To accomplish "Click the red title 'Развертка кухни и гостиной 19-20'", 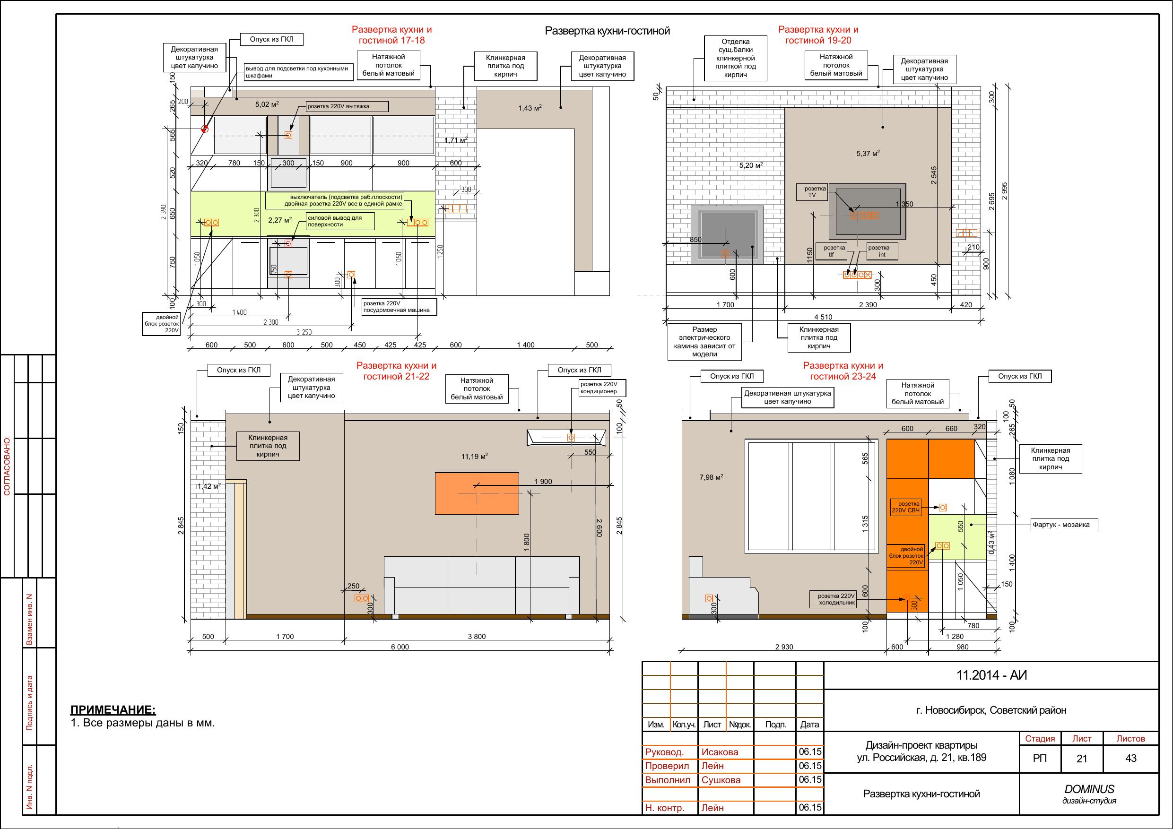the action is click(818, 35).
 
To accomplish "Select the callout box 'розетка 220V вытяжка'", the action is click(348, 106).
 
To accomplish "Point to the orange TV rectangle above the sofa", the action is click(477, 493).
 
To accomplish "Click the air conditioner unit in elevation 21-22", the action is click(566, 438).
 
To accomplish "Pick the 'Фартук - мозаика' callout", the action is click(1060, 525).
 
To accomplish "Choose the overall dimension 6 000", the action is click(400, 647).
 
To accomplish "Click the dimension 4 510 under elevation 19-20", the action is click(823, 317).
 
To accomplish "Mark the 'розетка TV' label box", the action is click(812, 192).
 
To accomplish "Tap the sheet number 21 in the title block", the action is click(1082, 759).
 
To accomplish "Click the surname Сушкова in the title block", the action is click(721, 780).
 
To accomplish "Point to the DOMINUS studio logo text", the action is click(1089, 789).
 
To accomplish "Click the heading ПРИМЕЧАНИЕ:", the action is click(113, 709).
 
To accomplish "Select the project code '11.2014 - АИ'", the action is click(991, 675).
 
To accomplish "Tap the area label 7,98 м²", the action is click(711, 477).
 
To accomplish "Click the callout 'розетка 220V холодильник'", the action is click(836, 599).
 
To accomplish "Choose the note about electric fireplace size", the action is click(704, 342).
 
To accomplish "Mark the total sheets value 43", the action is click(1130, 759).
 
